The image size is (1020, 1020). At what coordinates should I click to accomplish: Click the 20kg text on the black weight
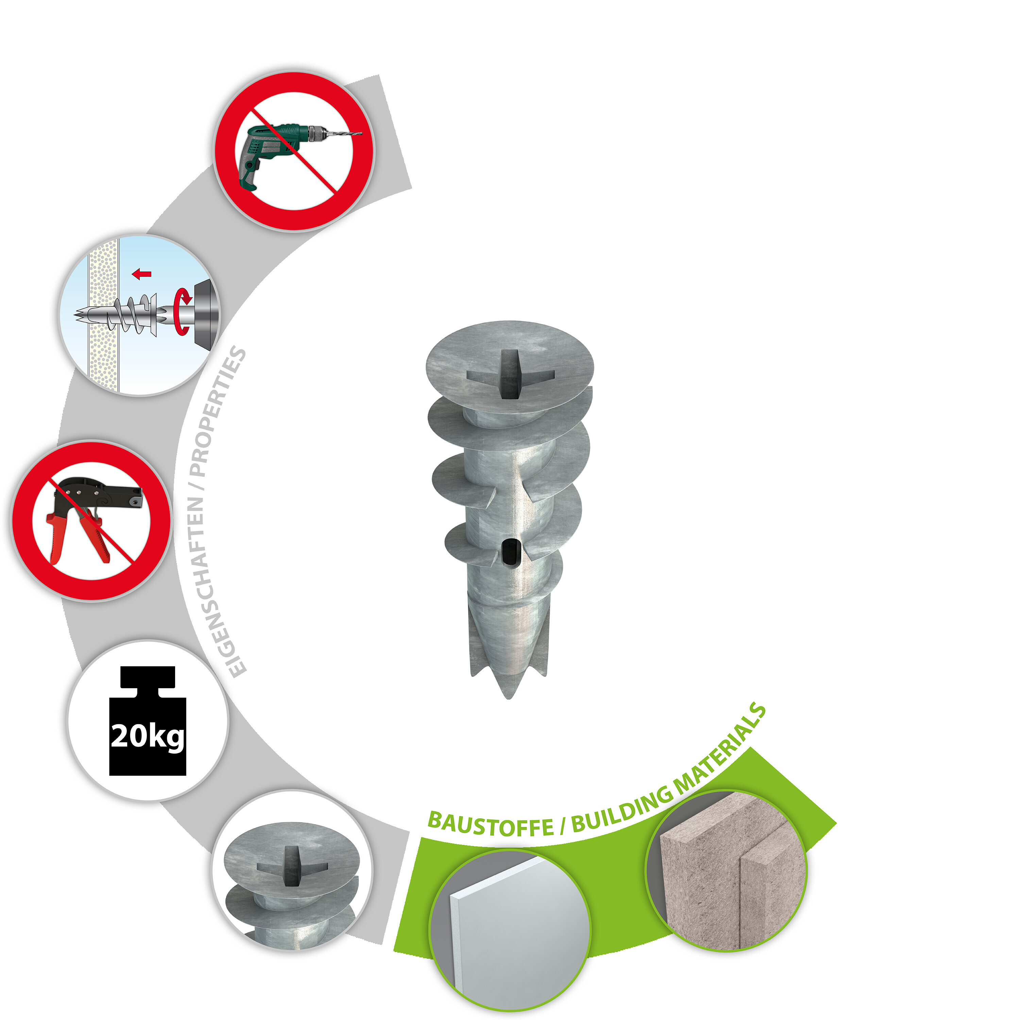click(x=148, y=735)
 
